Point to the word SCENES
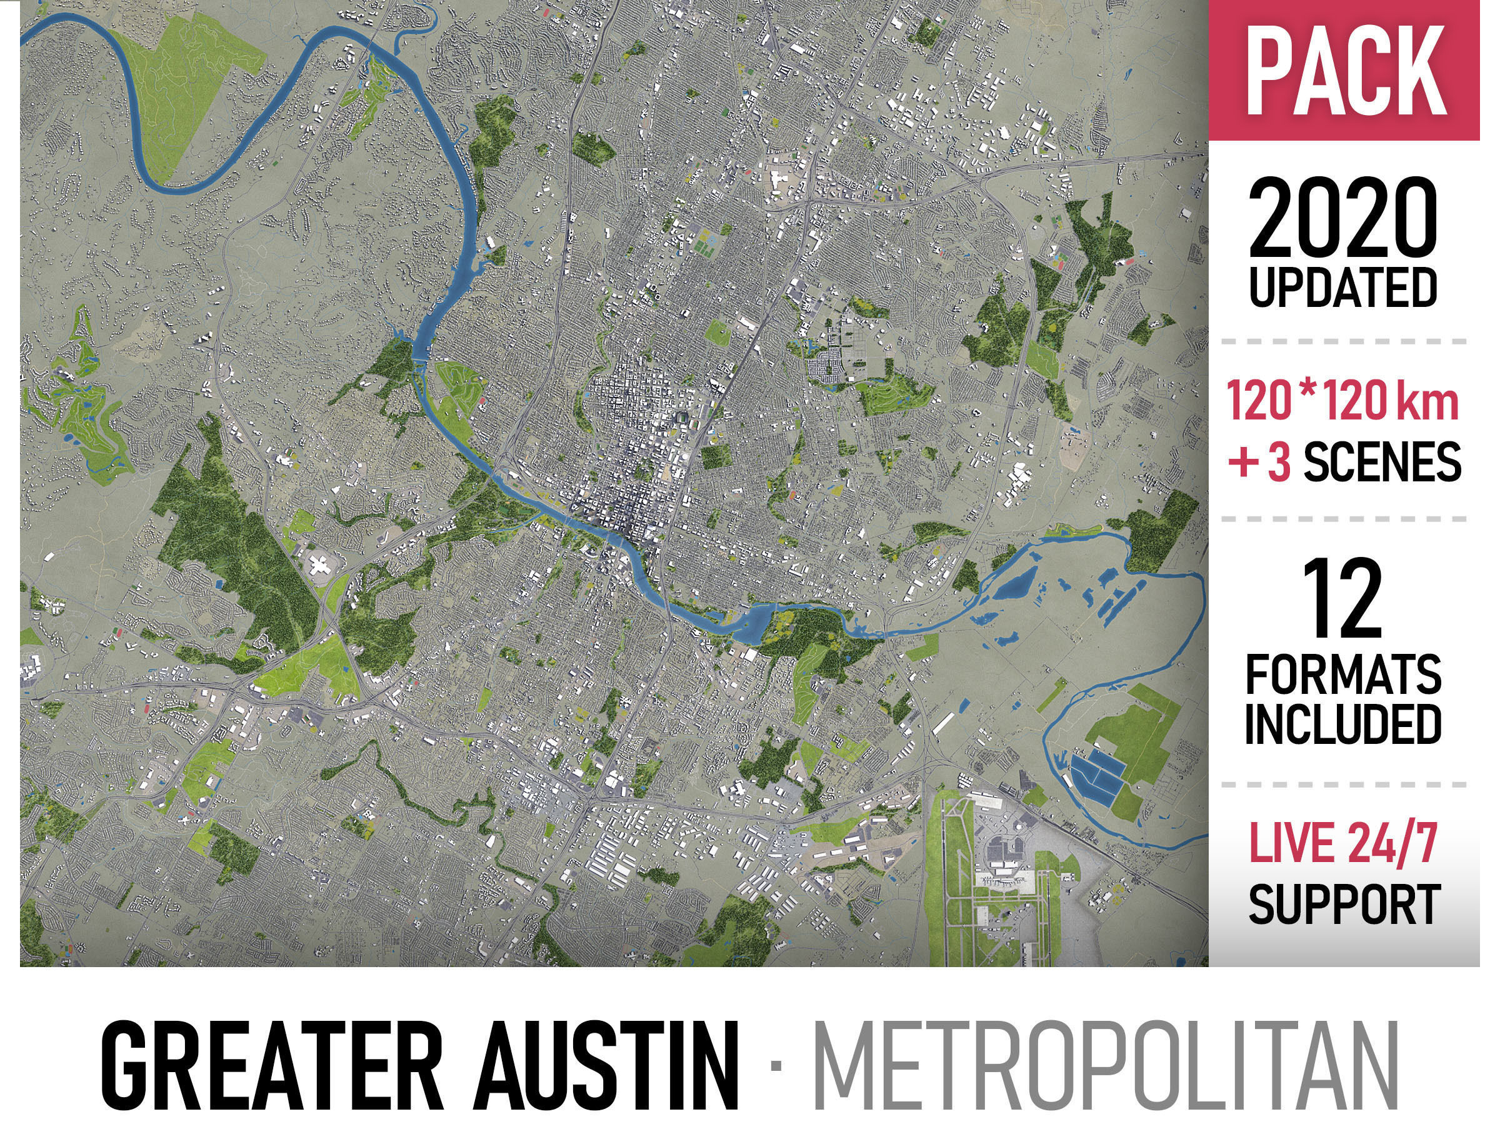click(1382, 461)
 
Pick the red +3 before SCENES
click(1259, 461)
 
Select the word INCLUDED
click(1342, 724)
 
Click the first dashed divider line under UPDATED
click(1342, 341)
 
